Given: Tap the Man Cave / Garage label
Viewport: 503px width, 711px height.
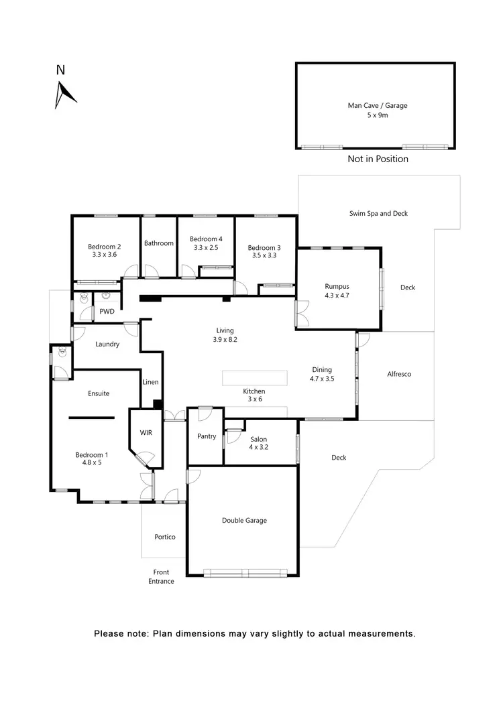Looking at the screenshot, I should click(x=377, y=105).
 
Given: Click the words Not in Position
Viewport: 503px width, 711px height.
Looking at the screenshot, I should click(x=378, y=159).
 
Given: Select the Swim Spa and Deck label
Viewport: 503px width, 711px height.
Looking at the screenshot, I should click(x=378, y=214).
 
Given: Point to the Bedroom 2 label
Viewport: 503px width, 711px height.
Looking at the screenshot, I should click(x=104, y=247).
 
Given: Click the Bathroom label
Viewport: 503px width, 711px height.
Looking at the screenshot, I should click(x=159, y=243).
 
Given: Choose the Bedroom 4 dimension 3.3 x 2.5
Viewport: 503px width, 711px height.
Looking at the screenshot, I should click(x=206, y=248).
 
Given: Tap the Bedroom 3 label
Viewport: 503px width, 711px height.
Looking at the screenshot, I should click(x=264, y=247).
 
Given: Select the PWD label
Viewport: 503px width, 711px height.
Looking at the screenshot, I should click(x=107, y=312).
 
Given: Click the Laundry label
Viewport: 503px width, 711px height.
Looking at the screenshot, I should click(x=107, y=344).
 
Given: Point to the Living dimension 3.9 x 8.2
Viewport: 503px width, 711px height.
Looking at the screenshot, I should click(x=226, y=340).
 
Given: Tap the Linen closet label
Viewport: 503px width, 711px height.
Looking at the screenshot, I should click(x=151, y=382).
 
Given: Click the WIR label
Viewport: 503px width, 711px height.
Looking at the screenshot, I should click(x=146, y=433).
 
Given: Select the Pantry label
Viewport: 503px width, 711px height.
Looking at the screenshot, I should click(x=207, y=436).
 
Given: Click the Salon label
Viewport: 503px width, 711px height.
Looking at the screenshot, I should click(x=258, y=440).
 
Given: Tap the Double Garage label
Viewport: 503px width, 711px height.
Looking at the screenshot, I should click(x=244, y=520).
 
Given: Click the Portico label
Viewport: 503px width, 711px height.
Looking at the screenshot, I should click(x=164, y=537).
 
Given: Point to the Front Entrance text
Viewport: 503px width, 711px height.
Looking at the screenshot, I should click(x=161, y=576).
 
